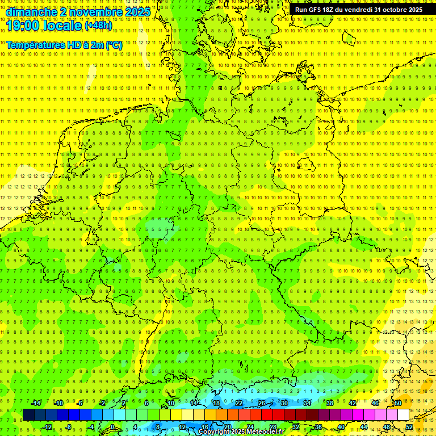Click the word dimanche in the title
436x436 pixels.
click(29, 12)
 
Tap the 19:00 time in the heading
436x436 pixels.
click(22, 26)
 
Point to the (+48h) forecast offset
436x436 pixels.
click(98, 26)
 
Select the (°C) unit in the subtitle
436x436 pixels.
click(114, 45)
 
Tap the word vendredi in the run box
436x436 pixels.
click(357, 10)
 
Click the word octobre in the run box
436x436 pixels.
click(393, 10)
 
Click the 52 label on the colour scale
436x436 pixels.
click(409, 427)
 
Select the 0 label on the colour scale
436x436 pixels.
click(112, 427)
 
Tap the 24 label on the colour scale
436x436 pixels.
click(250, 427)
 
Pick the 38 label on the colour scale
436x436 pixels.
click(329, 403)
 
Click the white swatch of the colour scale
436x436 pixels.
click(403, 415)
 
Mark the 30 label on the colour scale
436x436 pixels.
click(284, 403)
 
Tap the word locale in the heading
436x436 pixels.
click(60, 26)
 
